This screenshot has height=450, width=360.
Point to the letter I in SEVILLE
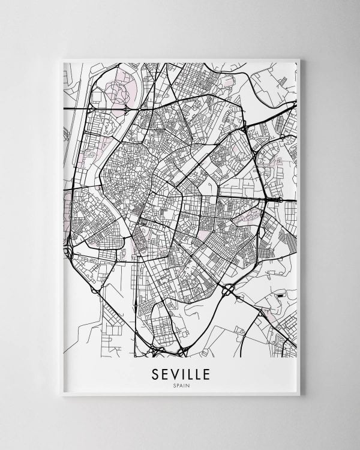182,374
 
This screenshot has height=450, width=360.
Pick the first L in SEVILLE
189,374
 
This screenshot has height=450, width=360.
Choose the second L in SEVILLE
198,374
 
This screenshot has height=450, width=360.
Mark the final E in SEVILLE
207,374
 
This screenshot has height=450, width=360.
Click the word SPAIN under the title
179,386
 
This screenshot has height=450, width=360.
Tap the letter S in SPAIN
172,386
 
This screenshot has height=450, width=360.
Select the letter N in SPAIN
187,386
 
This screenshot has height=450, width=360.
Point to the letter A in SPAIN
179,386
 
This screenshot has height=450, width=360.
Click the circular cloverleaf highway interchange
229,291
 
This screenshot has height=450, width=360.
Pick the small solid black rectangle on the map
281,296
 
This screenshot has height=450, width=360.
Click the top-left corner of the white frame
62,59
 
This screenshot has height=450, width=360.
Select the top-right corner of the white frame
299,59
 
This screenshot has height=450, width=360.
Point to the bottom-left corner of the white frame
62,395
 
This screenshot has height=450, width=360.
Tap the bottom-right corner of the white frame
299,395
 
